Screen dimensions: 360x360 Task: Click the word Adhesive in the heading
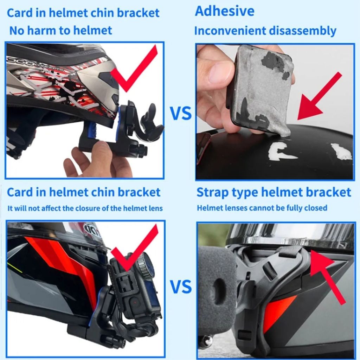pyautogui.click(x=225, y=11)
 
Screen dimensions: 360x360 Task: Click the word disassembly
pyautogui.click(x=303, y=31)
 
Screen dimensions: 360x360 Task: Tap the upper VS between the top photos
pyautogui.click(x=181, y=114)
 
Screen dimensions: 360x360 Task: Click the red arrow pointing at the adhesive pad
pyautogui.click(x=318, y=97)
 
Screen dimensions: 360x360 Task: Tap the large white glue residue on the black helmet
pyautogui.click(x=281, y=151)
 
